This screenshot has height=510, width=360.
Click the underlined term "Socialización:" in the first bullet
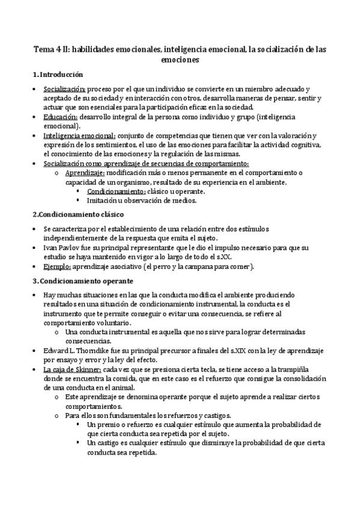click(x=64, y=90)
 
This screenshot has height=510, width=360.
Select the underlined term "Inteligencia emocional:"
click(x=79, y=137)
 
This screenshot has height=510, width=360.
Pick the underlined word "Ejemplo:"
click(x=57, y=266)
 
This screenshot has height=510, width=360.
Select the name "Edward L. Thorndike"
click(x=76, y=351)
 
